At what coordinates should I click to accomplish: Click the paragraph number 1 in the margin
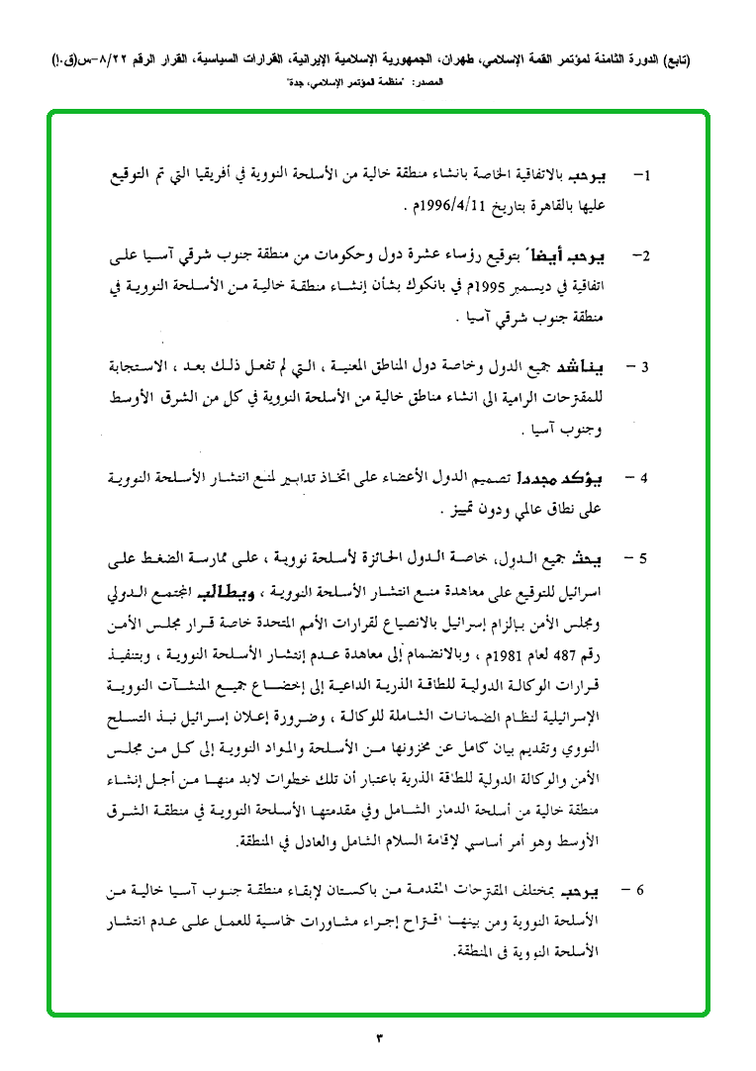[644, 178]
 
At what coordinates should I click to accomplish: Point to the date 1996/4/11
[451, 207]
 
